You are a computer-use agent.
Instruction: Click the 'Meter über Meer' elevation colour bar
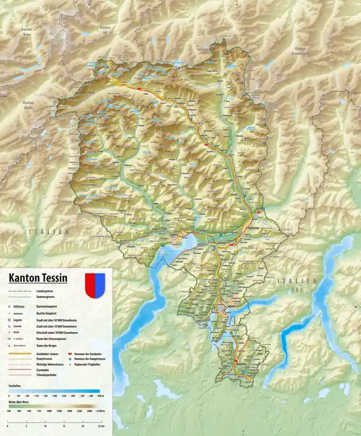click(54, 411)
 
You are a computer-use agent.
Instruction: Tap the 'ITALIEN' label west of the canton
click(46, 231)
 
